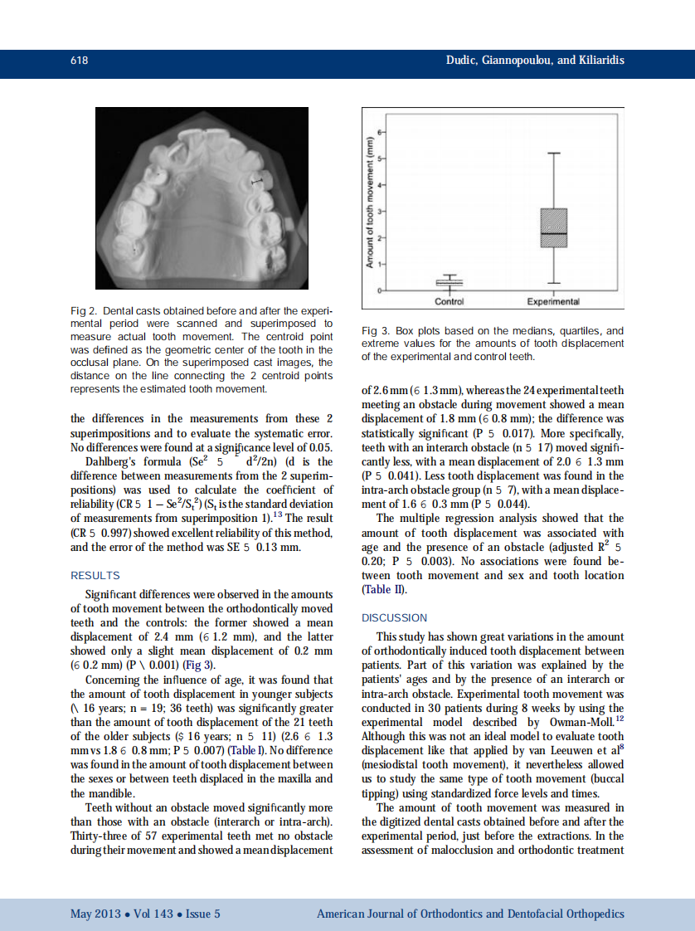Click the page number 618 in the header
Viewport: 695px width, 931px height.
tap(80, 61)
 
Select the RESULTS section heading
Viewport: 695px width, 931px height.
tap(95, 575)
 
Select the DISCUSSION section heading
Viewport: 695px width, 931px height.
tap(394, 617)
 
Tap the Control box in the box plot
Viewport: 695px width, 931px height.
tap(449, 283)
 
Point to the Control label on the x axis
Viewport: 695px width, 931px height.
tap(449, 301)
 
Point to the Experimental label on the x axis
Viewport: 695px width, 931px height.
tap(553, 301)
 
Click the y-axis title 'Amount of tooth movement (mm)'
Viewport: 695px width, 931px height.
tap(371, 202)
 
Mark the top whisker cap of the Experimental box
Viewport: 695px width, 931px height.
tap(554, 154)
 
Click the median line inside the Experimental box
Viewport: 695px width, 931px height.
tap(554, 234)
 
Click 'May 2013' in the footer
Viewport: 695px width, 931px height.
tap(93, 914)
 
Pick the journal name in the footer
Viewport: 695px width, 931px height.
tap(470, 914)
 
